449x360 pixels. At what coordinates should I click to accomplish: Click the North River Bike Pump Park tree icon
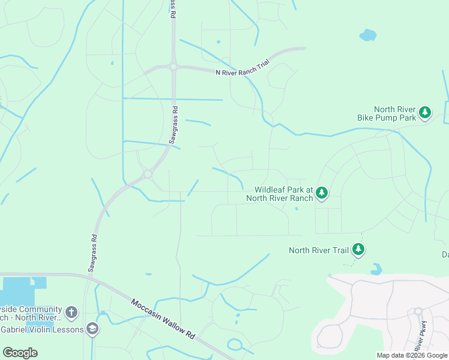click(425, 112)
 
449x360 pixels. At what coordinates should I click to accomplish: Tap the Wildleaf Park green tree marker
click(322, 193)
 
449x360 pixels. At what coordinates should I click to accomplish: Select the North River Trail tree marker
click(358, 249)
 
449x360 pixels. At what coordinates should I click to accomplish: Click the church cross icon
click(71, 312)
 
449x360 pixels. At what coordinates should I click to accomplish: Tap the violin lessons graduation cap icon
click(92, 328)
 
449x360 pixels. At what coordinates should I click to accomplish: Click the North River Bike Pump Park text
click(387, 113)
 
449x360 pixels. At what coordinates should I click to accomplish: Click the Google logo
click(20, 352)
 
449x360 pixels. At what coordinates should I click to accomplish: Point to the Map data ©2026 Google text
click(412, 355)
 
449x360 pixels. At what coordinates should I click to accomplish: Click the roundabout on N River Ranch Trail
click(173, 67)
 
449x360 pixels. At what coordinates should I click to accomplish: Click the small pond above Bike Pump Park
click(367, 35)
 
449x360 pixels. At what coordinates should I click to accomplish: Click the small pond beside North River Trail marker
click(376, 269)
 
